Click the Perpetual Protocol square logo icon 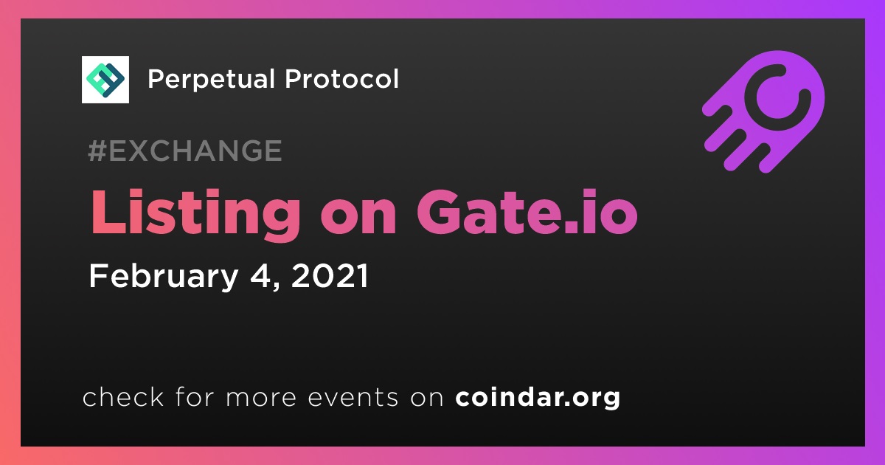pyautogui.click(x=105, y=80)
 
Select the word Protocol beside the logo pyautogui.click(x=341, y=79)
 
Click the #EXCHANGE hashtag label pyautogui.click(x=185, y=151)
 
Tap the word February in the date pyautogui.click(x=163, y=278)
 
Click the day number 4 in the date pyautogui.click(x=259, y=275)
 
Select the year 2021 pyautogui.click(x=330, y=275)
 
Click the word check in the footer pyautogui.click(x=123, y=396)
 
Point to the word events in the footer pyautogui.click(x=353, y=397)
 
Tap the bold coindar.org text pyautogui.click(x=538, y=397)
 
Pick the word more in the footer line pyautogui.click(x=261, y=398)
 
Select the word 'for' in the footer pyautogui.click(x=195, y=396)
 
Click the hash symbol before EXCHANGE pyautogui.click(x=97, y=151)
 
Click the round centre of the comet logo pyautogui.click(x=777, y=97)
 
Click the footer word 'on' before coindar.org pyautogui.click(x=427, y=398)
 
